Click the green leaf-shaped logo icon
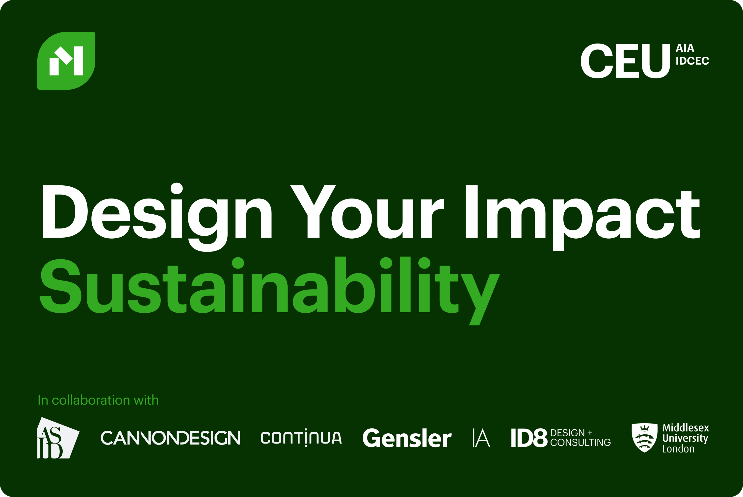[66, 61]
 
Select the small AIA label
[685, 48]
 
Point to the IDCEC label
[692, 61]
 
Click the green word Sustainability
[269, 285]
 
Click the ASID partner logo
[57, 438]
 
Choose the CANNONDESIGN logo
[170, 438]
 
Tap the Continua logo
[301, 438]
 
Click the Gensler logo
[407, 438]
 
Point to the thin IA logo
[481, 438]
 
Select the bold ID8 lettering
[529, 438]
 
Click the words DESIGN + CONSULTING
[580, 438]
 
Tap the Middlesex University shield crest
[644, 437]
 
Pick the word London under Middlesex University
[678, 449]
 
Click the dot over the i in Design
[177, 189]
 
